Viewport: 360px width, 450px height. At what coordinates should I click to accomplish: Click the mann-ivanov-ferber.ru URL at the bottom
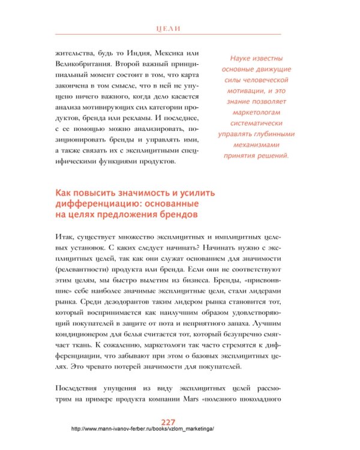pos(142,429)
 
